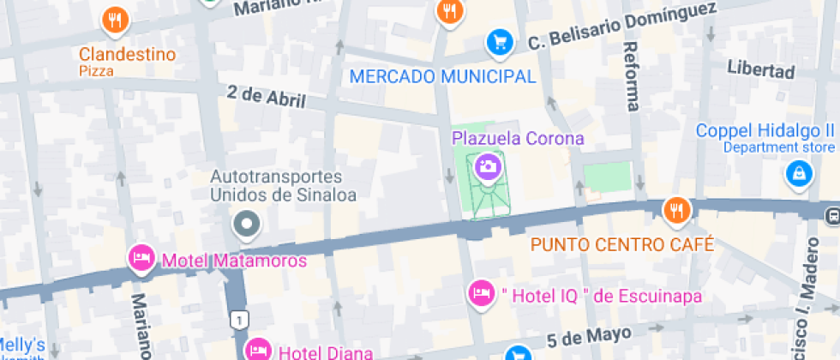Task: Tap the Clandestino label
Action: (x=128, y=55)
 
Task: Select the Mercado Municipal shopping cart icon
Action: (x=499, y=40)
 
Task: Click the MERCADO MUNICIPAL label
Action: (x=442, y=76)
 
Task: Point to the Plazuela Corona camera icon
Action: (x=489, y=166)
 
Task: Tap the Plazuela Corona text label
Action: (x=518, y=138)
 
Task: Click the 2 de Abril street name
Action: (x=267, y=97)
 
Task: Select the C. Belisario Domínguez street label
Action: (x=621, y=26)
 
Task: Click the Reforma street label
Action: (x=633, y=76)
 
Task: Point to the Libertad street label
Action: (x=761, y=69)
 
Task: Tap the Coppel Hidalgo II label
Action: (x=765, y=131)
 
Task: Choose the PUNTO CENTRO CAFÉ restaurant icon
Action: (x=677, y=210)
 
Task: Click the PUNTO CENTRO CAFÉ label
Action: (x=622, y=244)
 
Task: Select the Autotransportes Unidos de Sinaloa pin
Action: (x=248, y=225)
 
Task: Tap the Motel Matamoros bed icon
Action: (x=140, y=257)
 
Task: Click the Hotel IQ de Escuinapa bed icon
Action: (x=482, y=293)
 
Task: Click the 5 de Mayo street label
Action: (x=589, y=334)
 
